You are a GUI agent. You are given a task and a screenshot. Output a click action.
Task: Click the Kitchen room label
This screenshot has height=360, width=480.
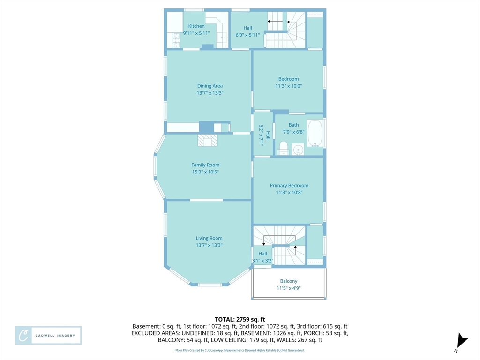click(x=196, y=26)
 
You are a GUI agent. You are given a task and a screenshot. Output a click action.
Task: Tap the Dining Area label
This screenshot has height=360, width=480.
click(x=210, y=86)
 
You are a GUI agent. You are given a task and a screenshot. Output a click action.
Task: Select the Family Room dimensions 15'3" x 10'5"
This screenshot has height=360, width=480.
click(x=205, y=172)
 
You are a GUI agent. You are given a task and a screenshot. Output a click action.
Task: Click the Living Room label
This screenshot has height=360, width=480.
click(x=209, y=238)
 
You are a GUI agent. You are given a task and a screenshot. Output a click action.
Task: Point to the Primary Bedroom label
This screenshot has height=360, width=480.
click(x=289, y=186)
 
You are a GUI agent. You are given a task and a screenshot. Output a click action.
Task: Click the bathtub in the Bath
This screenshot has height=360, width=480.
click(x=315, y=134)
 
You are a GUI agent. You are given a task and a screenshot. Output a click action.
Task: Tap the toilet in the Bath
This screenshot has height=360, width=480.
click(x=284, y=148)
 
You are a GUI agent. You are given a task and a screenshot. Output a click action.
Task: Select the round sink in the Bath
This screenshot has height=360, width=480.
click(x=298, y=150)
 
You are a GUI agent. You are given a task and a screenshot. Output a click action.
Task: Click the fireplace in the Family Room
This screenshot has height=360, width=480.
click(x=208, y=141)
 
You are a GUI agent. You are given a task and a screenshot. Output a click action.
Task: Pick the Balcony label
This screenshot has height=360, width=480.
click(x=289, y=281)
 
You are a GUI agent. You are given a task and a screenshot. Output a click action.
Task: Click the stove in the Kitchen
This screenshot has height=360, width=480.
click(x=177, y=40)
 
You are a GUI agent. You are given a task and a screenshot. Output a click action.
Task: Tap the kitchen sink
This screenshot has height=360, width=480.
click(x=223, y=38)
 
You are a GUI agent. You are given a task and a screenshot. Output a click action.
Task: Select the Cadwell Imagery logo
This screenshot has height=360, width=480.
click(x=48, y=336)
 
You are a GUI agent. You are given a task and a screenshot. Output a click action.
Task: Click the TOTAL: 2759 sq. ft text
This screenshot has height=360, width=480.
click(x=240, y=320)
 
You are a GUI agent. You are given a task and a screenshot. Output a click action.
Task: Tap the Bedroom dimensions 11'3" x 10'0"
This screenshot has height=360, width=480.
click(x=288, y=86)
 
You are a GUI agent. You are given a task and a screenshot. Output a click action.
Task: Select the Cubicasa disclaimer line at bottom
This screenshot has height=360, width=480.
click(x=240, y=350)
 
